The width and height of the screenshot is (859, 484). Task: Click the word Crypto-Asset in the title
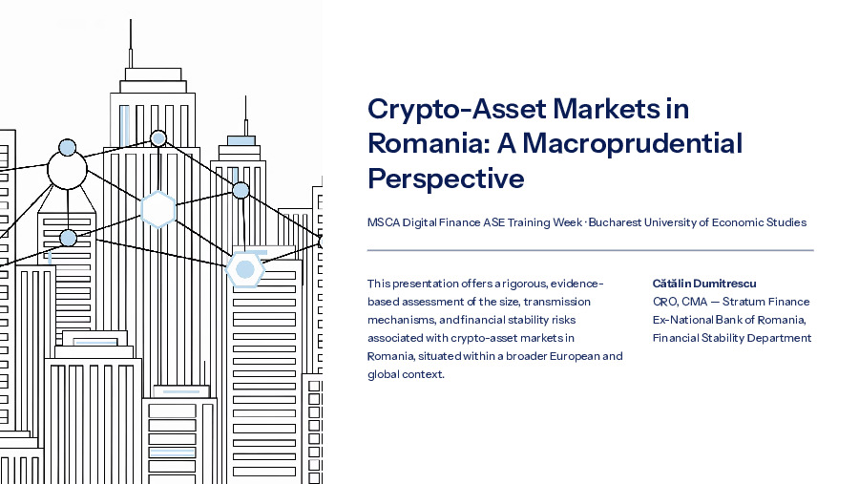[457, 110]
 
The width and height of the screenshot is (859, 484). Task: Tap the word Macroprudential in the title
[632, 143]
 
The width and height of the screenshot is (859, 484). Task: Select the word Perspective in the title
[446, 179]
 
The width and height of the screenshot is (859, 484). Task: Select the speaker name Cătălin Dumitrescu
[704, 284]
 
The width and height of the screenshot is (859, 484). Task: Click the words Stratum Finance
[765, 302]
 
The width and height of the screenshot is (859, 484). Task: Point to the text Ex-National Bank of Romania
[728, 320]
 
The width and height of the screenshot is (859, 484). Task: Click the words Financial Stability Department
[732, 338]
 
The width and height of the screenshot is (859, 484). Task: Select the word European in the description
[575, 356]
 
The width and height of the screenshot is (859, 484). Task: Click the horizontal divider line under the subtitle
[591, 250]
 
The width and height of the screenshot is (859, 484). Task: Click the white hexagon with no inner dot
[157, 209]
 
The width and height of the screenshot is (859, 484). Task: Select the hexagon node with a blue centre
[245, 269]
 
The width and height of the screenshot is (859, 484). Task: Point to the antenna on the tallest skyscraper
[131, 43]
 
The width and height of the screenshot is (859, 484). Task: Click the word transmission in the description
[556, 302]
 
